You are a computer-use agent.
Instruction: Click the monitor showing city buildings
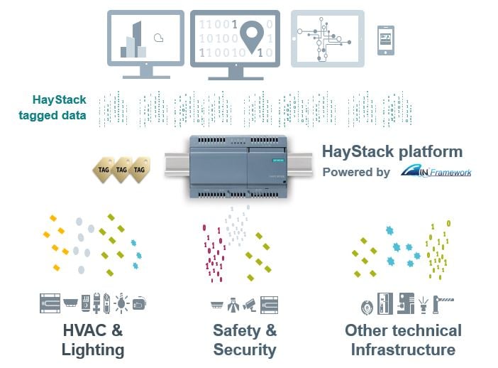click(145, 39)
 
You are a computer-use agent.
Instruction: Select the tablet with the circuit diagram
click(327, 39)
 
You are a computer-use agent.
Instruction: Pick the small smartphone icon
click(386, 40)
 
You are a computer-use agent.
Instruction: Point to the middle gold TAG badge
click(121, 171)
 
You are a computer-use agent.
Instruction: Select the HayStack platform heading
click(392, 151)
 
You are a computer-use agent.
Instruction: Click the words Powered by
click(356, 172)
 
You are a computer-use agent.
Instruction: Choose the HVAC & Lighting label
click(92, 340)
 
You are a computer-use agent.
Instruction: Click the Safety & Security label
click(244, 340)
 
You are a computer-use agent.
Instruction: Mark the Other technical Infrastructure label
click(403, 340)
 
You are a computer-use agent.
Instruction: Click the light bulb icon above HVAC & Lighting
click(122, 303)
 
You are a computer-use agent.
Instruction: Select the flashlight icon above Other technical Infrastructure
click(423, 304)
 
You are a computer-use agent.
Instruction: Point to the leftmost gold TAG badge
click(103, 171)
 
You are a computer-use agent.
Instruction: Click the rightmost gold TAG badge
click(140, 171)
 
